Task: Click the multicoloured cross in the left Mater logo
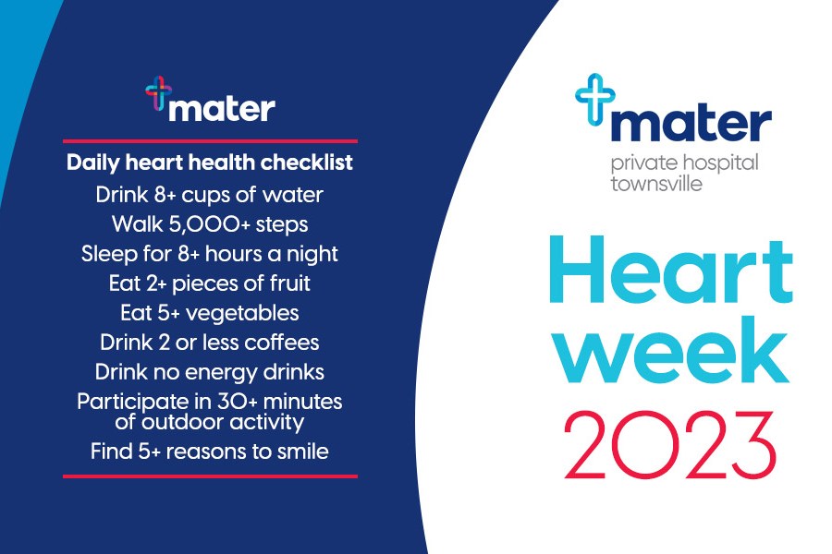[158, 92]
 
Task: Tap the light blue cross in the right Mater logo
[595, 99]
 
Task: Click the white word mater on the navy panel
[222, 109]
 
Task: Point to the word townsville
[656, 184]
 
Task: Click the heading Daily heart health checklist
[210, 163]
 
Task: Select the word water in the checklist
[293, 195]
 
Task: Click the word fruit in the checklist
[289, 283]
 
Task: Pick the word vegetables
[242, 313]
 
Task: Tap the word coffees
[282, 343]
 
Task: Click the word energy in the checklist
[215, 373]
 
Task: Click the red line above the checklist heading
[210, 141]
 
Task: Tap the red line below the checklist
[210, 476]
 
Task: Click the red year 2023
[669, 445]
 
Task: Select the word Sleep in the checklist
[109, 255]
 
